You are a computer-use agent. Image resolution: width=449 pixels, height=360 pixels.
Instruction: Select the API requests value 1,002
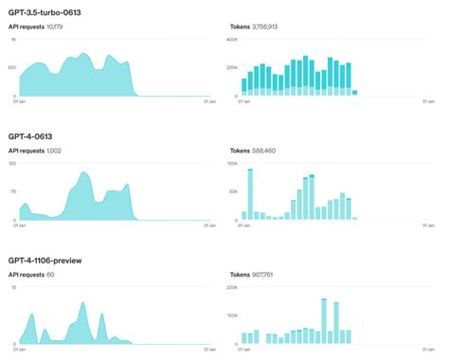[x=59, y=151]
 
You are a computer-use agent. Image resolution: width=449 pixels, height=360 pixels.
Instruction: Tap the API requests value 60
[x=50, y=275]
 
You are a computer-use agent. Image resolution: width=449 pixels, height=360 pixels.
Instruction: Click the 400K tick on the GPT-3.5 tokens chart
[x=232, y=40]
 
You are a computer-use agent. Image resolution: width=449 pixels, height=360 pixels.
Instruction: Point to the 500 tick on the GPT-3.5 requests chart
[x=11, y=68]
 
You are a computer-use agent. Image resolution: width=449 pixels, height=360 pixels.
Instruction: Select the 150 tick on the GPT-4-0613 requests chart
[x=12, y=163]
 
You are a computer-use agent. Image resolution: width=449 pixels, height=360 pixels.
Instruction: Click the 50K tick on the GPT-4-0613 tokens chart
[x=233, y=191]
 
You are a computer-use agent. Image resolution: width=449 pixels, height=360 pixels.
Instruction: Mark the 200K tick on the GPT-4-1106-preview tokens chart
[x=232, y=287]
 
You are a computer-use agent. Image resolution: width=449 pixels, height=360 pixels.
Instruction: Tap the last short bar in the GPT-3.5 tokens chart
[x=354, y=93]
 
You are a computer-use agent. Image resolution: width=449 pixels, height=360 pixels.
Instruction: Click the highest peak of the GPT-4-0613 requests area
[x=84, y=173]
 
